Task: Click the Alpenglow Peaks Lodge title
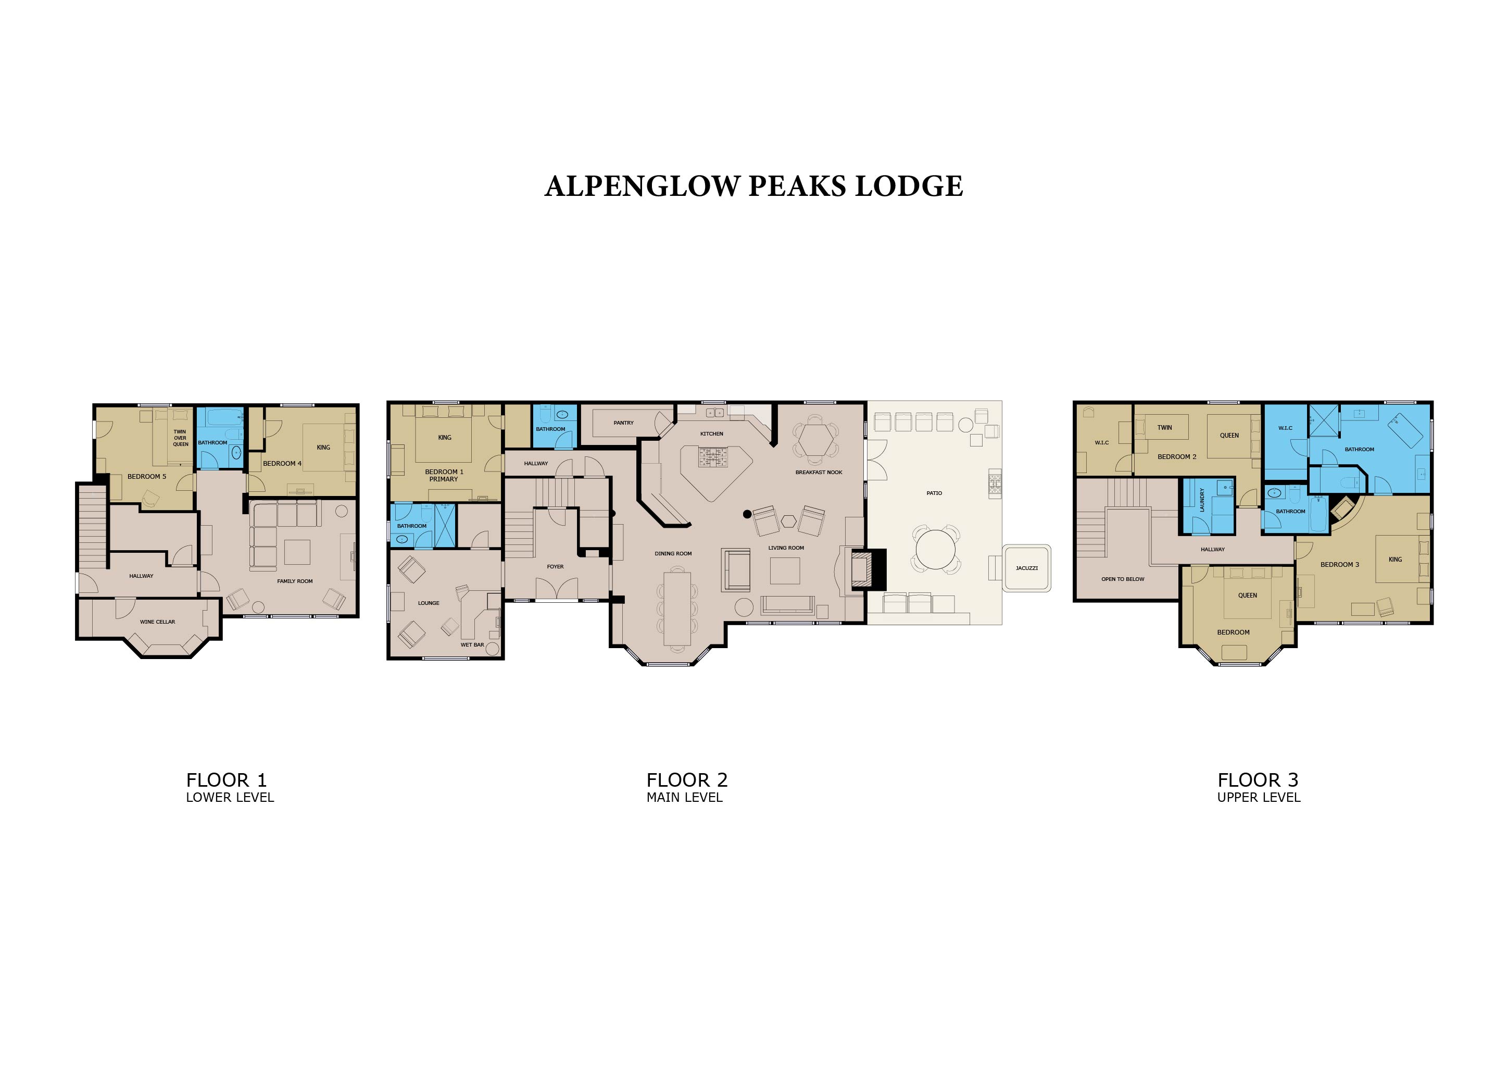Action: coord(754,186)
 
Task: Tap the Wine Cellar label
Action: coord(158,622)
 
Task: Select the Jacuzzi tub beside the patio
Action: coord(1026,568)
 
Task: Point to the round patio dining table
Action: coord(935,548)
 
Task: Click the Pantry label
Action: coord(623,423)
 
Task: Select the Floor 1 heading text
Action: coord(227,780)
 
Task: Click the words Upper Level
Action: coord(1259,797)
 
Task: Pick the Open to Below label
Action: coord(1123,579)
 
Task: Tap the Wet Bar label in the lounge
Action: coord(472,644)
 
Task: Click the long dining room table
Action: coord(677,609)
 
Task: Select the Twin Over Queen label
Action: coord(180,438)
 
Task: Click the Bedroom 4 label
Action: coord(282,463)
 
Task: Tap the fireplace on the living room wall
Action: coord(868,569)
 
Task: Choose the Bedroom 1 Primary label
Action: coord(444,475)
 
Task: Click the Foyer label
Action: coord(555,566)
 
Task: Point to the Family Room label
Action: coord(295,581)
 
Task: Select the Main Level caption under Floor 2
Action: coord(684,797)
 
